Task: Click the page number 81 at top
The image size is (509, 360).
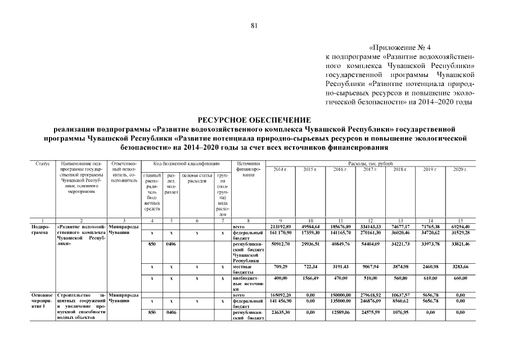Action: point(254,25)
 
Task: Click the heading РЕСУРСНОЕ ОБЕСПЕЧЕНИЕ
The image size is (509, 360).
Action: point(254,120)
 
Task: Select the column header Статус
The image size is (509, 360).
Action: point(43,164)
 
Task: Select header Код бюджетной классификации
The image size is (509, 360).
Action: point(179,164)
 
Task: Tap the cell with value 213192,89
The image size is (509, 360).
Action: point(280,226)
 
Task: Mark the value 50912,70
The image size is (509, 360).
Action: point(280,245)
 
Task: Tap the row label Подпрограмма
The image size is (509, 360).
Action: point(43,229)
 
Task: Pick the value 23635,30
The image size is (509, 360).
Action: point(280,310)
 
